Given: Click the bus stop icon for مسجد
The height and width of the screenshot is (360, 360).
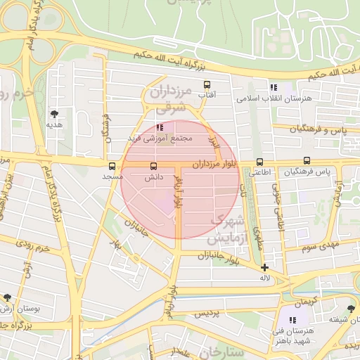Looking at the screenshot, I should click(x=112, y=167).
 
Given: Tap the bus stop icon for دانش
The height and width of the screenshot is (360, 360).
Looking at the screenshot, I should click(x=153, y=167).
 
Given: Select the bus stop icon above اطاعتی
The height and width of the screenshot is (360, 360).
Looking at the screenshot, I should click(x=259, y=162).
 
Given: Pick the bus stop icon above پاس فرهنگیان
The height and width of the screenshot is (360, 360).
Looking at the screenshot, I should click(x=307, y=162).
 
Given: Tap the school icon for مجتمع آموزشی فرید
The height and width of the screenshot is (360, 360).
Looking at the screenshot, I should click(x=160, y=127).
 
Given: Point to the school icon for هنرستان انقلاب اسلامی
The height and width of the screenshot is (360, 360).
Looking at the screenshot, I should click(x=274, y=87).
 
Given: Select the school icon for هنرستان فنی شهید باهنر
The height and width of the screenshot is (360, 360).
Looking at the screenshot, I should click(x=292, y=320).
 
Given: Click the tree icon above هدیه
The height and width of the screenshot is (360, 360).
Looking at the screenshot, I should click(x=54, y=112).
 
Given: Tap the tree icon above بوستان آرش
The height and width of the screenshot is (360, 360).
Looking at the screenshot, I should click(x=7, y=297).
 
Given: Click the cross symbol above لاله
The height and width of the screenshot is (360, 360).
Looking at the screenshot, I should click(x=264, y=267).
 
